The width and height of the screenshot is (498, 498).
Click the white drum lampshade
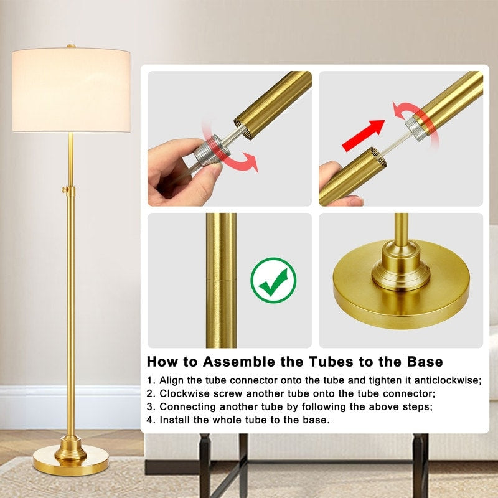(x=71, y=90)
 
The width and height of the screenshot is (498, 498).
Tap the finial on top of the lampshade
(x=71, y=46)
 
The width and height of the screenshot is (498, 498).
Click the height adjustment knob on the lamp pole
(x=64, y=189)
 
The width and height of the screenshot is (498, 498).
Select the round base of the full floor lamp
(x=70, y=466)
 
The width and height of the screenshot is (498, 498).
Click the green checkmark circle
(x=273, y=280)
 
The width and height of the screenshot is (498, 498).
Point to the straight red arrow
(x=364, y=136)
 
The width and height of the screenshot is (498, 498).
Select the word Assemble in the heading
(x=243, y=362)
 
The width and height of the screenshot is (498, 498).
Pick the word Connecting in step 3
(x=186, y=406)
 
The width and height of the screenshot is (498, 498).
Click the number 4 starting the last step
(x=150, y=420)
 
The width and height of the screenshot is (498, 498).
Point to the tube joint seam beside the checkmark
(x=221, y=279)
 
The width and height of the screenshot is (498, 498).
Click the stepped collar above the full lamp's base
(x=70, y=447)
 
